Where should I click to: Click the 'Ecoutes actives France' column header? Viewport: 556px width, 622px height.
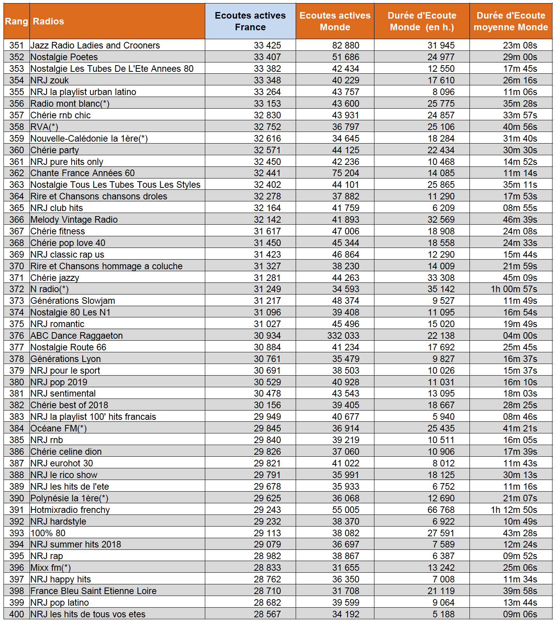[x=250, y=21]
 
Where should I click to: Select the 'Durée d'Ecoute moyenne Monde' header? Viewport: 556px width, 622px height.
[x=511, y=21]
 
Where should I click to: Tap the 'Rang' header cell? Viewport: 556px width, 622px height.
[x=16, y=21]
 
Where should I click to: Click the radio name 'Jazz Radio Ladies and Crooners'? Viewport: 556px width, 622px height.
[x=95, y=45]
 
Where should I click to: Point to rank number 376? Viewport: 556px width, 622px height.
[x=17, y=336]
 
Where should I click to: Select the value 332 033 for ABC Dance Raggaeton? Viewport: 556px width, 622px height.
[x=343, y=336]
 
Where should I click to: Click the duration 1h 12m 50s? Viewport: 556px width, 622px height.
[x=514, y=510]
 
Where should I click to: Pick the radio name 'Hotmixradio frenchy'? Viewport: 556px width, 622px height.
[x=70, y=510]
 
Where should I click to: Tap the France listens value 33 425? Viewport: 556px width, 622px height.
[x=267, y=45]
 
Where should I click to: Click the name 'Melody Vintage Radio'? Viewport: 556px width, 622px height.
[x=74, y=220]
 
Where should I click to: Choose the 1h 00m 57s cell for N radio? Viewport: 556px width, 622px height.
[x=514, y=289]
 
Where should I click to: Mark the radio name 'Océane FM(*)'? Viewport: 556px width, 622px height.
[x=59, y=428]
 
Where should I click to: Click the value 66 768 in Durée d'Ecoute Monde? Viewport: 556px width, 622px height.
[x=441, y=510]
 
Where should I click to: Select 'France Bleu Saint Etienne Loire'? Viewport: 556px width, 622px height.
[x=94, y=591]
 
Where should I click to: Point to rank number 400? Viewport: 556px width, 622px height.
[x=17, y=614]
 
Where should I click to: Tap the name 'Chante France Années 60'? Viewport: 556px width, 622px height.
[x=83, y=173]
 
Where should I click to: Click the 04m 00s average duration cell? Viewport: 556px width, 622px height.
[x=520, y=336]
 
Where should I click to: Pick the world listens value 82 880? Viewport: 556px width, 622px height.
[x=346, y=45]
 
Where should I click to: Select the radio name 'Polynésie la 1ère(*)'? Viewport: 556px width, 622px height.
[x=69, y=498]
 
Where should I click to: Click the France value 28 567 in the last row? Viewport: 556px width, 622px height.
[x=267, y=614]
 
